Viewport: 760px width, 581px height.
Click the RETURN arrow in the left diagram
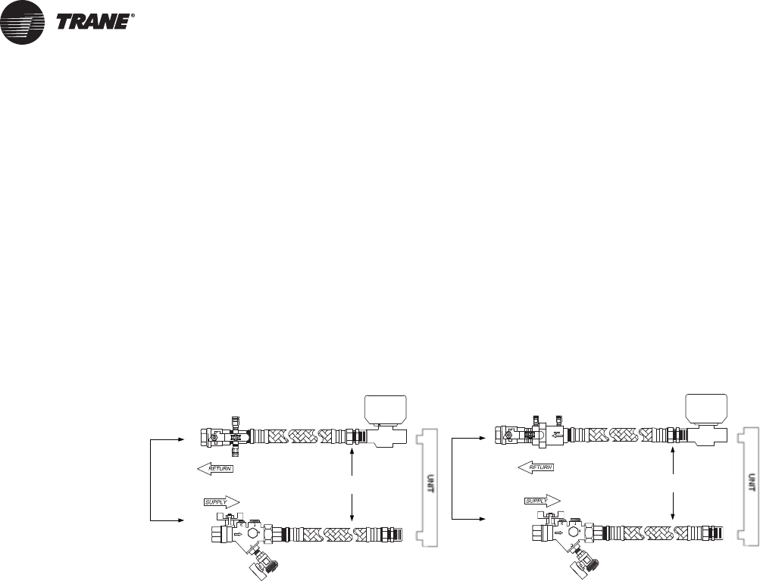pyautogui.click(x=214, y=469)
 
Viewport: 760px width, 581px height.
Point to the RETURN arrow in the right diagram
pyautogui.click(x=536, y=467)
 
